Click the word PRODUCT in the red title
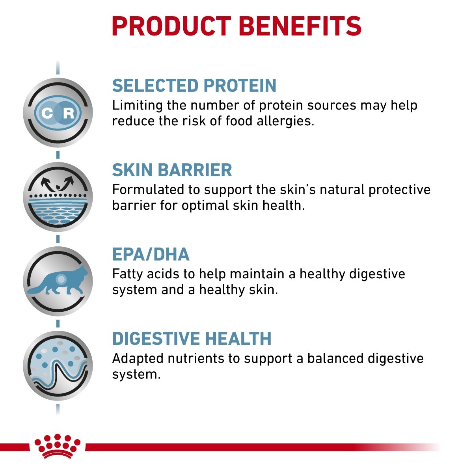171,26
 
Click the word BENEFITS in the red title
300,26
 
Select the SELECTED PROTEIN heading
194,86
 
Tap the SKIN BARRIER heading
172,170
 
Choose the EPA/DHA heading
151,254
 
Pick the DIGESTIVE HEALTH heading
192,339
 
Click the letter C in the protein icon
47,113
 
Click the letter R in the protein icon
69,113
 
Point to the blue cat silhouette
58,280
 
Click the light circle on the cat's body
61,279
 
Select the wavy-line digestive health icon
58,365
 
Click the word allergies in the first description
285,121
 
